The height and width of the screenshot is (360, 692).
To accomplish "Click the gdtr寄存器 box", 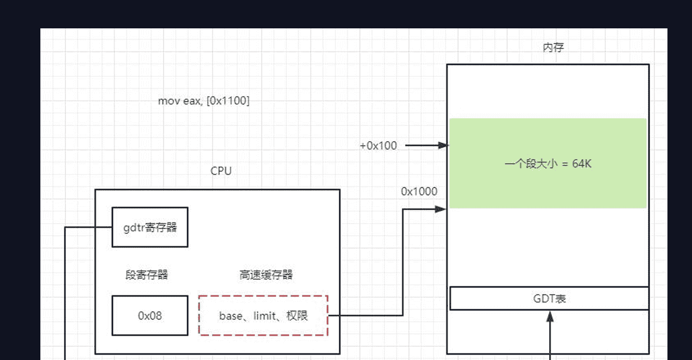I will (150, 227).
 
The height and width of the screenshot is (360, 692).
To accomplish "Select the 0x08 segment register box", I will (150, 315).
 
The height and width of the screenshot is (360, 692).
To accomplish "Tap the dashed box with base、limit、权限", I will (263, 315).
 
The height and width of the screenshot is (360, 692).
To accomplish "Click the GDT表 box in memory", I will (549, 298).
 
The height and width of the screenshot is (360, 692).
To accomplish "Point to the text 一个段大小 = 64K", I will (548, 164).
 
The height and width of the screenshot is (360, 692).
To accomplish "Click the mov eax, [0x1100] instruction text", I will (204, 101).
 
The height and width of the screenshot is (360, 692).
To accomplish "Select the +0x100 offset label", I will (378, 146).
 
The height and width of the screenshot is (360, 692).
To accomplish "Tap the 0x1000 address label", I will (419, 191).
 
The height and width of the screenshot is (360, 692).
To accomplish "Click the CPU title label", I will (221, 171).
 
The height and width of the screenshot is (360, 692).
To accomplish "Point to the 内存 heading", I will (553, 47).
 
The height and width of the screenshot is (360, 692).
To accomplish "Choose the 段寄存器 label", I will (147, 275).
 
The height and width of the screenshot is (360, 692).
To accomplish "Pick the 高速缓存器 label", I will (266, 275).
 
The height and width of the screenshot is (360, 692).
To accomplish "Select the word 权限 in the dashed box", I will (297, 315).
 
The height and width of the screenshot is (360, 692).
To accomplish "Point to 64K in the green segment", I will (582, 164).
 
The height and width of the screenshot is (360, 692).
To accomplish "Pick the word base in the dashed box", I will (230, 315).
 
